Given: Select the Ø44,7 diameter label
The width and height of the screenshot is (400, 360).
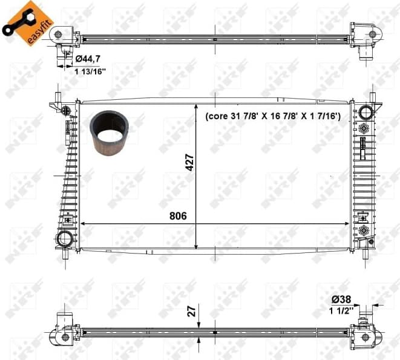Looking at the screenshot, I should [88, 59].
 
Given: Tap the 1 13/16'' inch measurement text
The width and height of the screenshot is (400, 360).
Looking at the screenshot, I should [90, 70].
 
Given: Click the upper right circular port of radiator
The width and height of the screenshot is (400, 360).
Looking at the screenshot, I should [366, 112].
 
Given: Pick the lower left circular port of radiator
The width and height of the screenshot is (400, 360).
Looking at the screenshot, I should [64, 238].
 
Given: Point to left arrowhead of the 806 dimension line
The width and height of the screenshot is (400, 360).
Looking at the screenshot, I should [84, 223].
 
